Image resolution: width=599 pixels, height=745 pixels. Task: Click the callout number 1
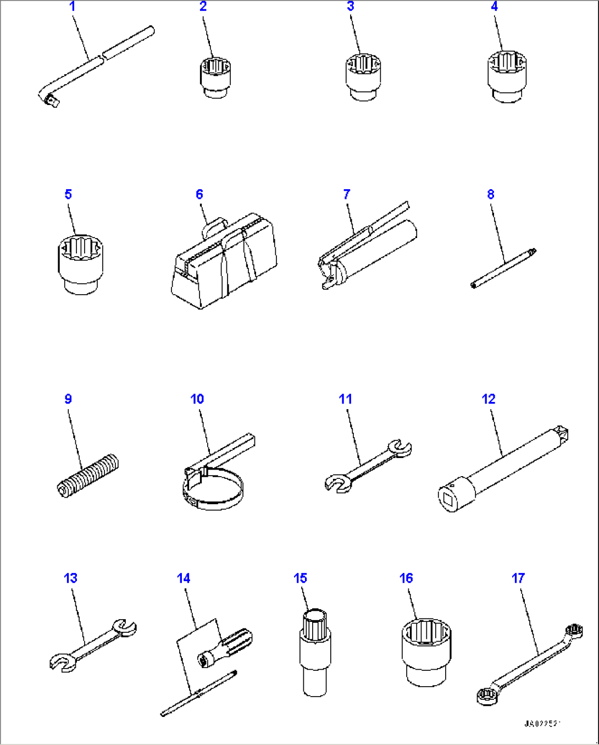click(x=72, y=7)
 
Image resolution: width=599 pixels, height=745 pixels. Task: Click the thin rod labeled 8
click(x=503, y=268)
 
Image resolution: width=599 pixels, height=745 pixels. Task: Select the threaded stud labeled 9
click(x=88, y=476)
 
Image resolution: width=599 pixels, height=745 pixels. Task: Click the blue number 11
click(x=345, y=399)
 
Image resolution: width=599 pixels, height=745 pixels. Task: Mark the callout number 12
click(x=489, y=399)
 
